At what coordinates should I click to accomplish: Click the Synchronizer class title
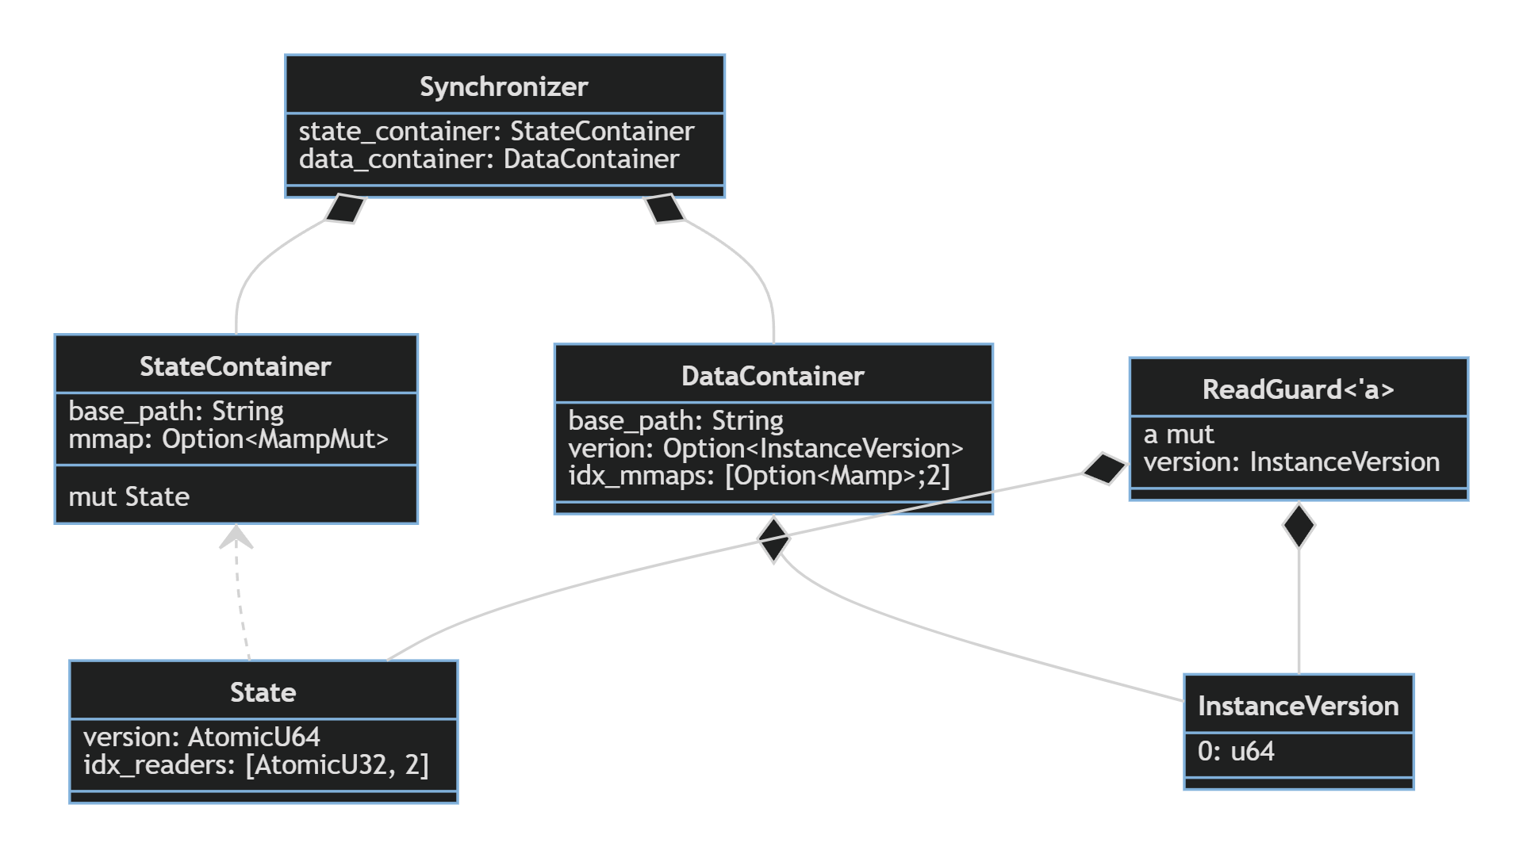pyautogui.click(x=504, y=86)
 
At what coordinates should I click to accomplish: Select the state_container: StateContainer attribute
pyautogui.click(x=496, y=131)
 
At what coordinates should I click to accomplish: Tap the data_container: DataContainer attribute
pyautogui.click(x=489, y=159)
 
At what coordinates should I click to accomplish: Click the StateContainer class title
pyautogui.click(x=236, y=366)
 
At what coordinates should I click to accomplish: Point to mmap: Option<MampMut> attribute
pyautogui.click(x=228, y=439)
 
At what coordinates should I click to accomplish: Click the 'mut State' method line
pyautogui.click(x=129, y=497)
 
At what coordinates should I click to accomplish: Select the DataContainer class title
pyautogui.click(x=773, y=376)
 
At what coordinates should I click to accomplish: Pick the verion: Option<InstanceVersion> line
pyautogui.click(x=765, y=449)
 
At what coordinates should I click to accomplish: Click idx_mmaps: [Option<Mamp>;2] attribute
pyautogui.click(x=758, y=476)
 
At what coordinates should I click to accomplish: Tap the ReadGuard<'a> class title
pyautogui.click(x=1298, y=389)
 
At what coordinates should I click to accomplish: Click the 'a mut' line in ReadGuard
pyautogui.click(x=1179, y=435)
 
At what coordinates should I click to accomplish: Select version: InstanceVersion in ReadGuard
pyautogui.click(x=1291, y=462)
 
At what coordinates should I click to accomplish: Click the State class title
pyautogui.click(x=263, y=692)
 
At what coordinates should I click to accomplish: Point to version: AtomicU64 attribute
pyautogui.click(x=201, y=737)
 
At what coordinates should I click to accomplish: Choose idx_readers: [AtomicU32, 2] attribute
pyautogui.click(x=255, y=765)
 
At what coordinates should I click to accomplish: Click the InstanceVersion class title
pyautogui.click(x=1298, y=706)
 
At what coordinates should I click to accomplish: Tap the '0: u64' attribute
pyautogui.click(x=1236, y=751)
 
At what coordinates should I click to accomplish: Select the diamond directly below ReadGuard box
pyautogui.click(x=1299, y=525)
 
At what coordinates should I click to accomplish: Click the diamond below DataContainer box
pyautogui.click(x=773, y=539)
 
